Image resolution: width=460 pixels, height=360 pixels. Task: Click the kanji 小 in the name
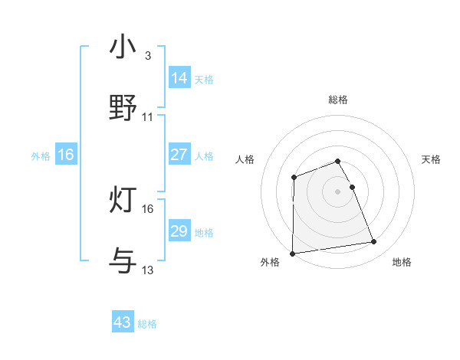click(x=123, y=47)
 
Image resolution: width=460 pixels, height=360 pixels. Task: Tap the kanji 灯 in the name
click(x=123, y=200)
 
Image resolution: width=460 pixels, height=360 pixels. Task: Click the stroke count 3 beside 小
click(x=148, y=56)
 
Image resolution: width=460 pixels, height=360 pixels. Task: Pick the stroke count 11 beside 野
click(x=148, y=117)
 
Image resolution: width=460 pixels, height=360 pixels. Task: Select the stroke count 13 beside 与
click(x=148, y=270)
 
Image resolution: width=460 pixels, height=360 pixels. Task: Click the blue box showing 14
click(x=179, y=78)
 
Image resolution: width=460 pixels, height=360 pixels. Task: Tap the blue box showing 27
click(x=179, y=155)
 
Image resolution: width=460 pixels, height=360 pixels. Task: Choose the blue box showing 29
click(x=179, y=231)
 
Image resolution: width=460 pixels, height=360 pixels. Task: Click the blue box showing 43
click(x=123, y=323)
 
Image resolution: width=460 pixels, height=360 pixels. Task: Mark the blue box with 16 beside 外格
click(x=66, y=155)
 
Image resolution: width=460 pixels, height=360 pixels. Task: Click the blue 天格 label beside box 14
click(x=204, y=80)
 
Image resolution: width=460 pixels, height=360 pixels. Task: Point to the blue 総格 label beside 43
click(x=147, y=325)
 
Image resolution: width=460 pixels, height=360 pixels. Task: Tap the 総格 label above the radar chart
click(x=338, y=100)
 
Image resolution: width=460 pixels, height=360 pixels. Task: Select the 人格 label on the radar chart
click(x=245, y=159)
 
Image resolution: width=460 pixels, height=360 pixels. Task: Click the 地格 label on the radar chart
click(x=402, y=263)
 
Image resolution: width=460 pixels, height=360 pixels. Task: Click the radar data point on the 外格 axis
click(x=292, y=254)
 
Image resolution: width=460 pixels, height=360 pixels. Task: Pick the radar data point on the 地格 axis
click(x=374, y=242)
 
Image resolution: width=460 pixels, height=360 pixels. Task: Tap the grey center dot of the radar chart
click(x=338, y=191)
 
